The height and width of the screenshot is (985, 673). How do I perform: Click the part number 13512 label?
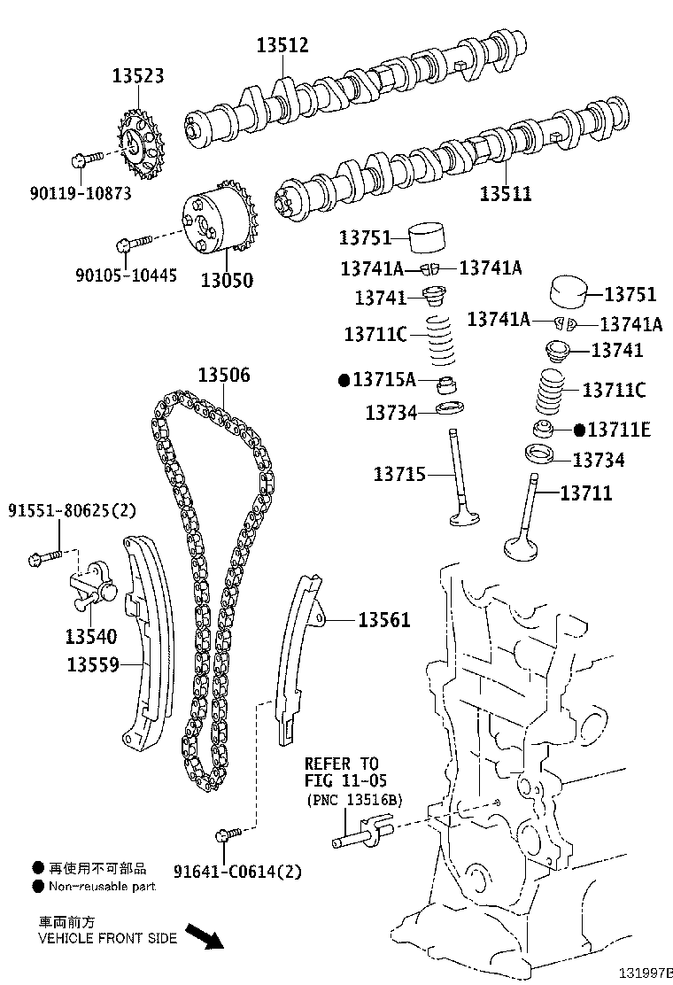[x=283, y=45]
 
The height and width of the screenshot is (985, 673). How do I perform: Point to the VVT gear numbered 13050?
[x=216, y=222]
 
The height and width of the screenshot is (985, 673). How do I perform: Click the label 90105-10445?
[x=127, y=276]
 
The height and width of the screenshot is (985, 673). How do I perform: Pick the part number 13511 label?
[x=506, y=192]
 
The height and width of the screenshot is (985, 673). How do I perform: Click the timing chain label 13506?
[x=223, y=376]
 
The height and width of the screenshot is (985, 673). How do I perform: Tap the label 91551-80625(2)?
[x=73, y=511]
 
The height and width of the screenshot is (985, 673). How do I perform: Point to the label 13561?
[x=384, y=620]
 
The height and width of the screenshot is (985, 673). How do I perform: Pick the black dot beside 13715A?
[x=345, y=381]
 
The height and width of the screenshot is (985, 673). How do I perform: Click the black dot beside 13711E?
[x=580, y=430]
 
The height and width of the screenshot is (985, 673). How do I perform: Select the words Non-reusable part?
[x=102, y=886]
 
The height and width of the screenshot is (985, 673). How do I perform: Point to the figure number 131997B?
[x=646, y=973]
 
